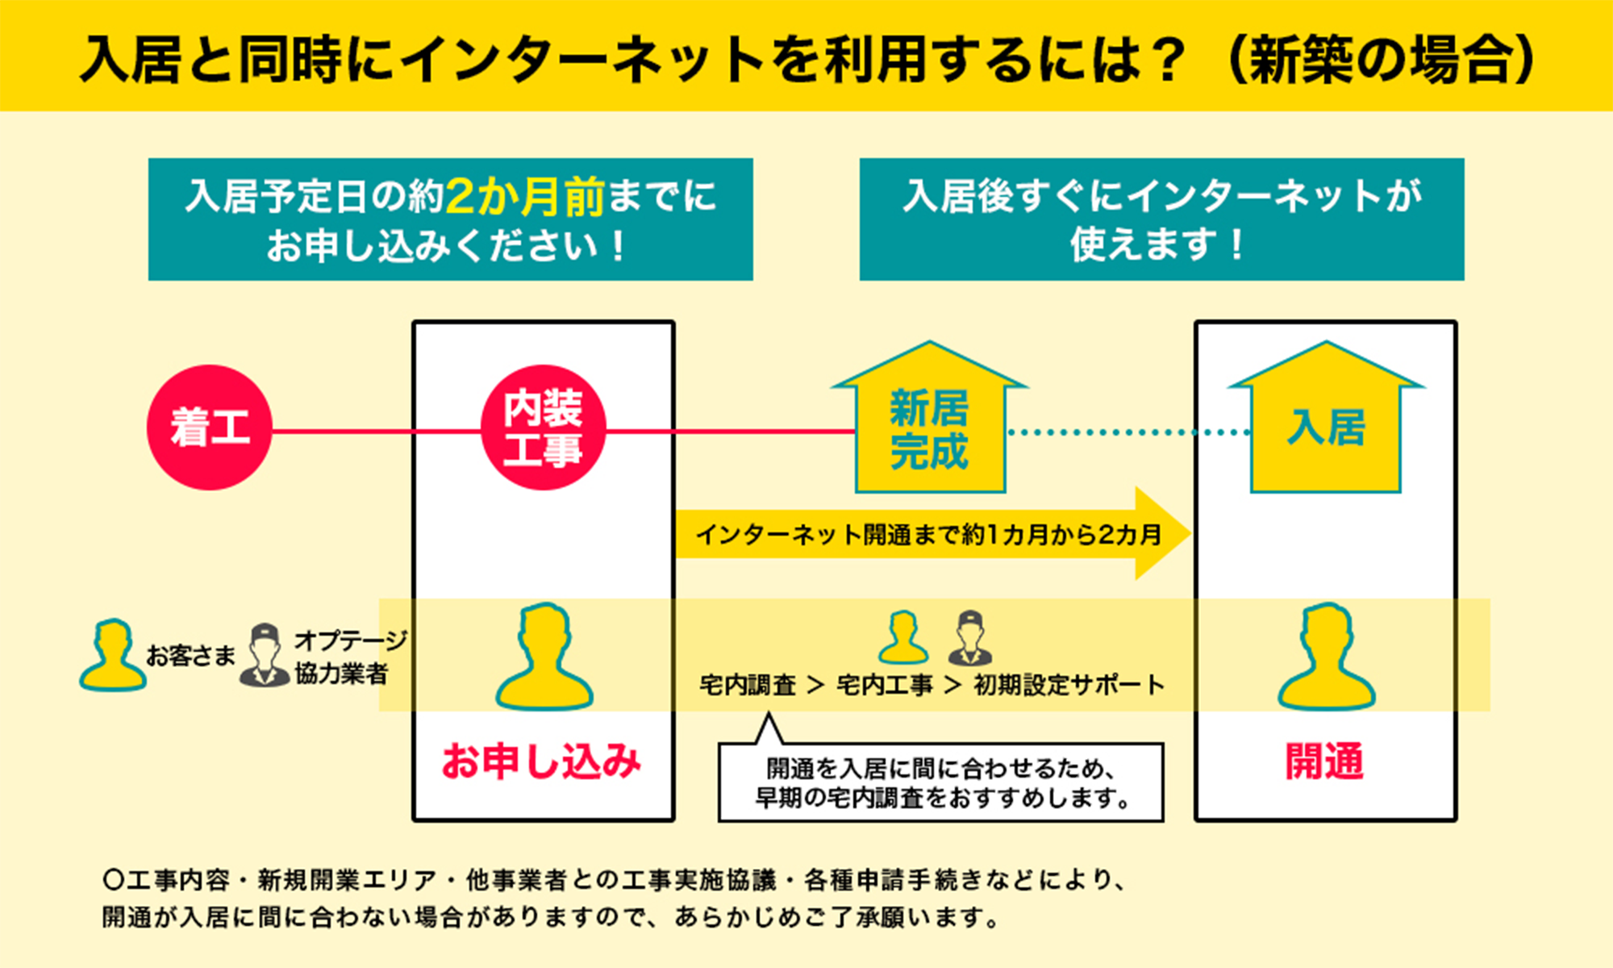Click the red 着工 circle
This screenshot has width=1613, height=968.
(x=210, y=428)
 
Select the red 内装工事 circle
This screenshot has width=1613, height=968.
(x=543, y=428)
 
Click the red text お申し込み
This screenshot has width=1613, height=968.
(x=542, y=761)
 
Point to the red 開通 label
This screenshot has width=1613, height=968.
(x=1325, y=761)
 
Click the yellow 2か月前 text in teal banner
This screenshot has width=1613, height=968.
(x=524, y=196)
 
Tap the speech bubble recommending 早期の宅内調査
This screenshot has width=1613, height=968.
(x=940, y=781)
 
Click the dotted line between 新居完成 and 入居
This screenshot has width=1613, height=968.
(x=1129, y=432)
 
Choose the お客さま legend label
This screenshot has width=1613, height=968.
(x=190, y=655)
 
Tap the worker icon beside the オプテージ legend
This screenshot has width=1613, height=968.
(x=265, y=655)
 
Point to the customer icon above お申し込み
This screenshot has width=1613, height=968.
(x=544, y=657)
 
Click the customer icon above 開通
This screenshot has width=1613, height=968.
(x=1327, y=657)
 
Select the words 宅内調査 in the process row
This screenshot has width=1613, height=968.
(x=748, y=685)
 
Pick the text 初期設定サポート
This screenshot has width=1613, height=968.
(x=1069, y=685)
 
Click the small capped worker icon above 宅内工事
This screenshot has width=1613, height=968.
(x=970, y=637)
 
